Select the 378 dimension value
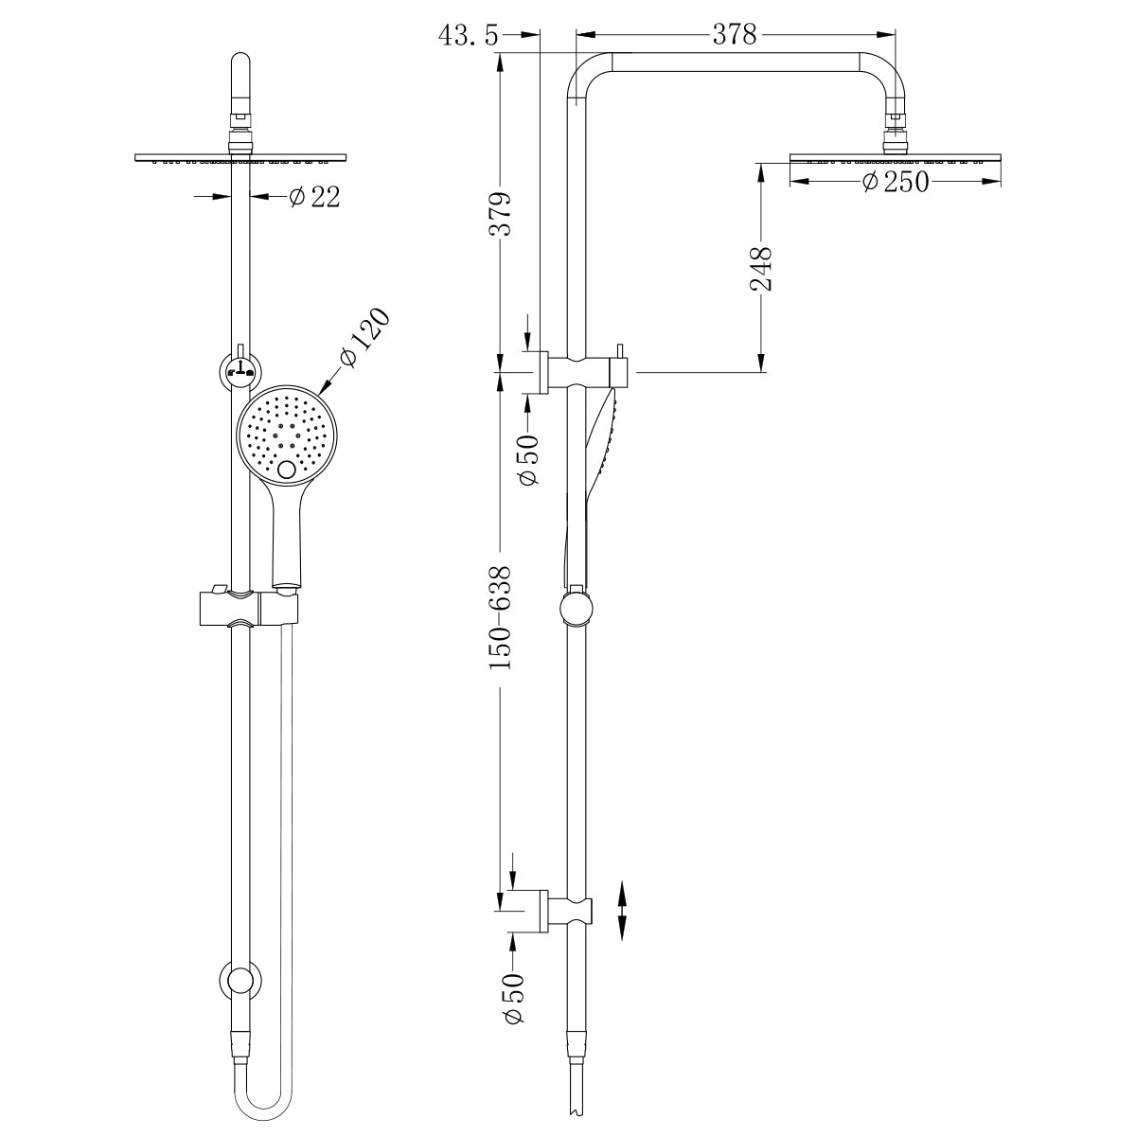[x=735, y=35]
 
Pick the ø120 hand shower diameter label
[x=363, y=339]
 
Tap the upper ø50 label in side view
[x=527, y=459]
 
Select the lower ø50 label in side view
[x=514, y=998]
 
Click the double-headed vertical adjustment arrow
[x=622, y=910]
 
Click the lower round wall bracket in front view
[x=240, y=981]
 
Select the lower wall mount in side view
[x=561, y=910]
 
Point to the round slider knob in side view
[x=576, y=608]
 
